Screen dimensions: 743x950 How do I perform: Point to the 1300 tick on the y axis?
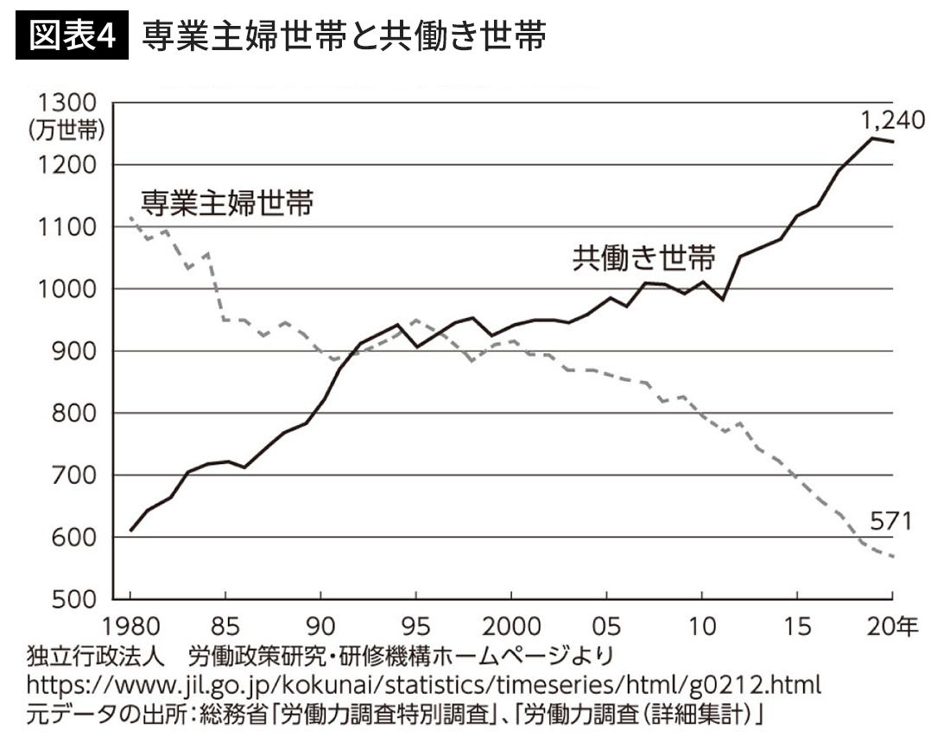pos(66,103)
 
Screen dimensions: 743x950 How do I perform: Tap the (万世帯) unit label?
pos(66,130)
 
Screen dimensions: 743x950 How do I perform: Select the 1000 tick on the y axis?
pos(66,289)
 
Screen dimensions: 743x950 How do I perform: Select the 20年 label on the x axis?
pos(892,623)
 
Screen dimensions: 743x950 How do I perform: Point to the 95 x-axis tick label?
pos(416,623)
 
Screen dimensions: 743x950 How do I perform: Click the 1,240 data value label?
pos(892,119)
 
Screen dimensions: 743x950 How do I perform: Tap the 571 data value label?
pos(890,521)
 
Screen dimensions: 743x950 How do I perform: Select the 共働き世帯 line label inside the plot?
pos(643,258)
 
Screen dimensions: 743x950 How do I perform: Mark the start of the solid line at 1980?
pos(131,530)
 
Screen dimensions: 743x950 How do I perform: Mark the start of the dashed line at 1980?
pos(130,218)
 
